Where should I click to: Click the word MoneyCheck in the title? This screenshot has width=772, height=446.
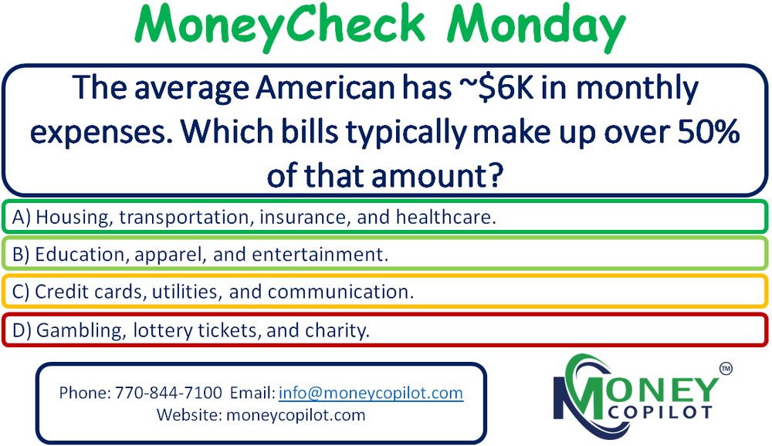pyautogui.click(x=279, y=25)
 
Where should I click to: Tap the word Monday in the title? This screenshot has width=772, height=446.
pyautogui.click(x=537, y=25)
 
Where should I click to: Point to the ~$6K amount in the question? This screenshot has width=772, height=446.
pyautogui.click(x=496, y=88)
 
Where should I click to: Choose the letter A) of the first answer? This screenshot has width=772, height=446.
pyautogui.click(x=21, y=217)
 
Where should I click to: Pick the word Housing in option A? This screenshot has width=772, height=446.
pyautogui.click(x=74, y=218)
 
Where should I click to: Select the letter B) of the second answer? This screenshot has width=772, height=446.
pyautogui.click(x=21, y=255)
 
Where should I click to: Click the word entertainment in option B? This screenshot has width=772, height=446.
pyautogui.click(x=320, y=255)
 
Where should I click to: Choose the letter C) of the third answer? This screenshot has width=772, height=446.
pyautogui.click(x=21, y=292)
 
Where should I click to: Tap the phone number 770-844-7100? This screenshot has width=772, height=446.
pyautogui.click(x=168, y=393)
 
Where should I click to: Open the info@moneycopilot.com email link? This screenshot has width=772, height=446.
pyautogui.click(x=371, y=393)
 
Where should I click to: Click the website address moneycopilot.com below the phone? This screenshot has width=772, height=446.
pyautogui.click(x=296, y=415)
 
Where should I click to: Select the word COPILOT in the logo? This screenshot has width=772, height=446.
pyautogui.click(x=660, y=412)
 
